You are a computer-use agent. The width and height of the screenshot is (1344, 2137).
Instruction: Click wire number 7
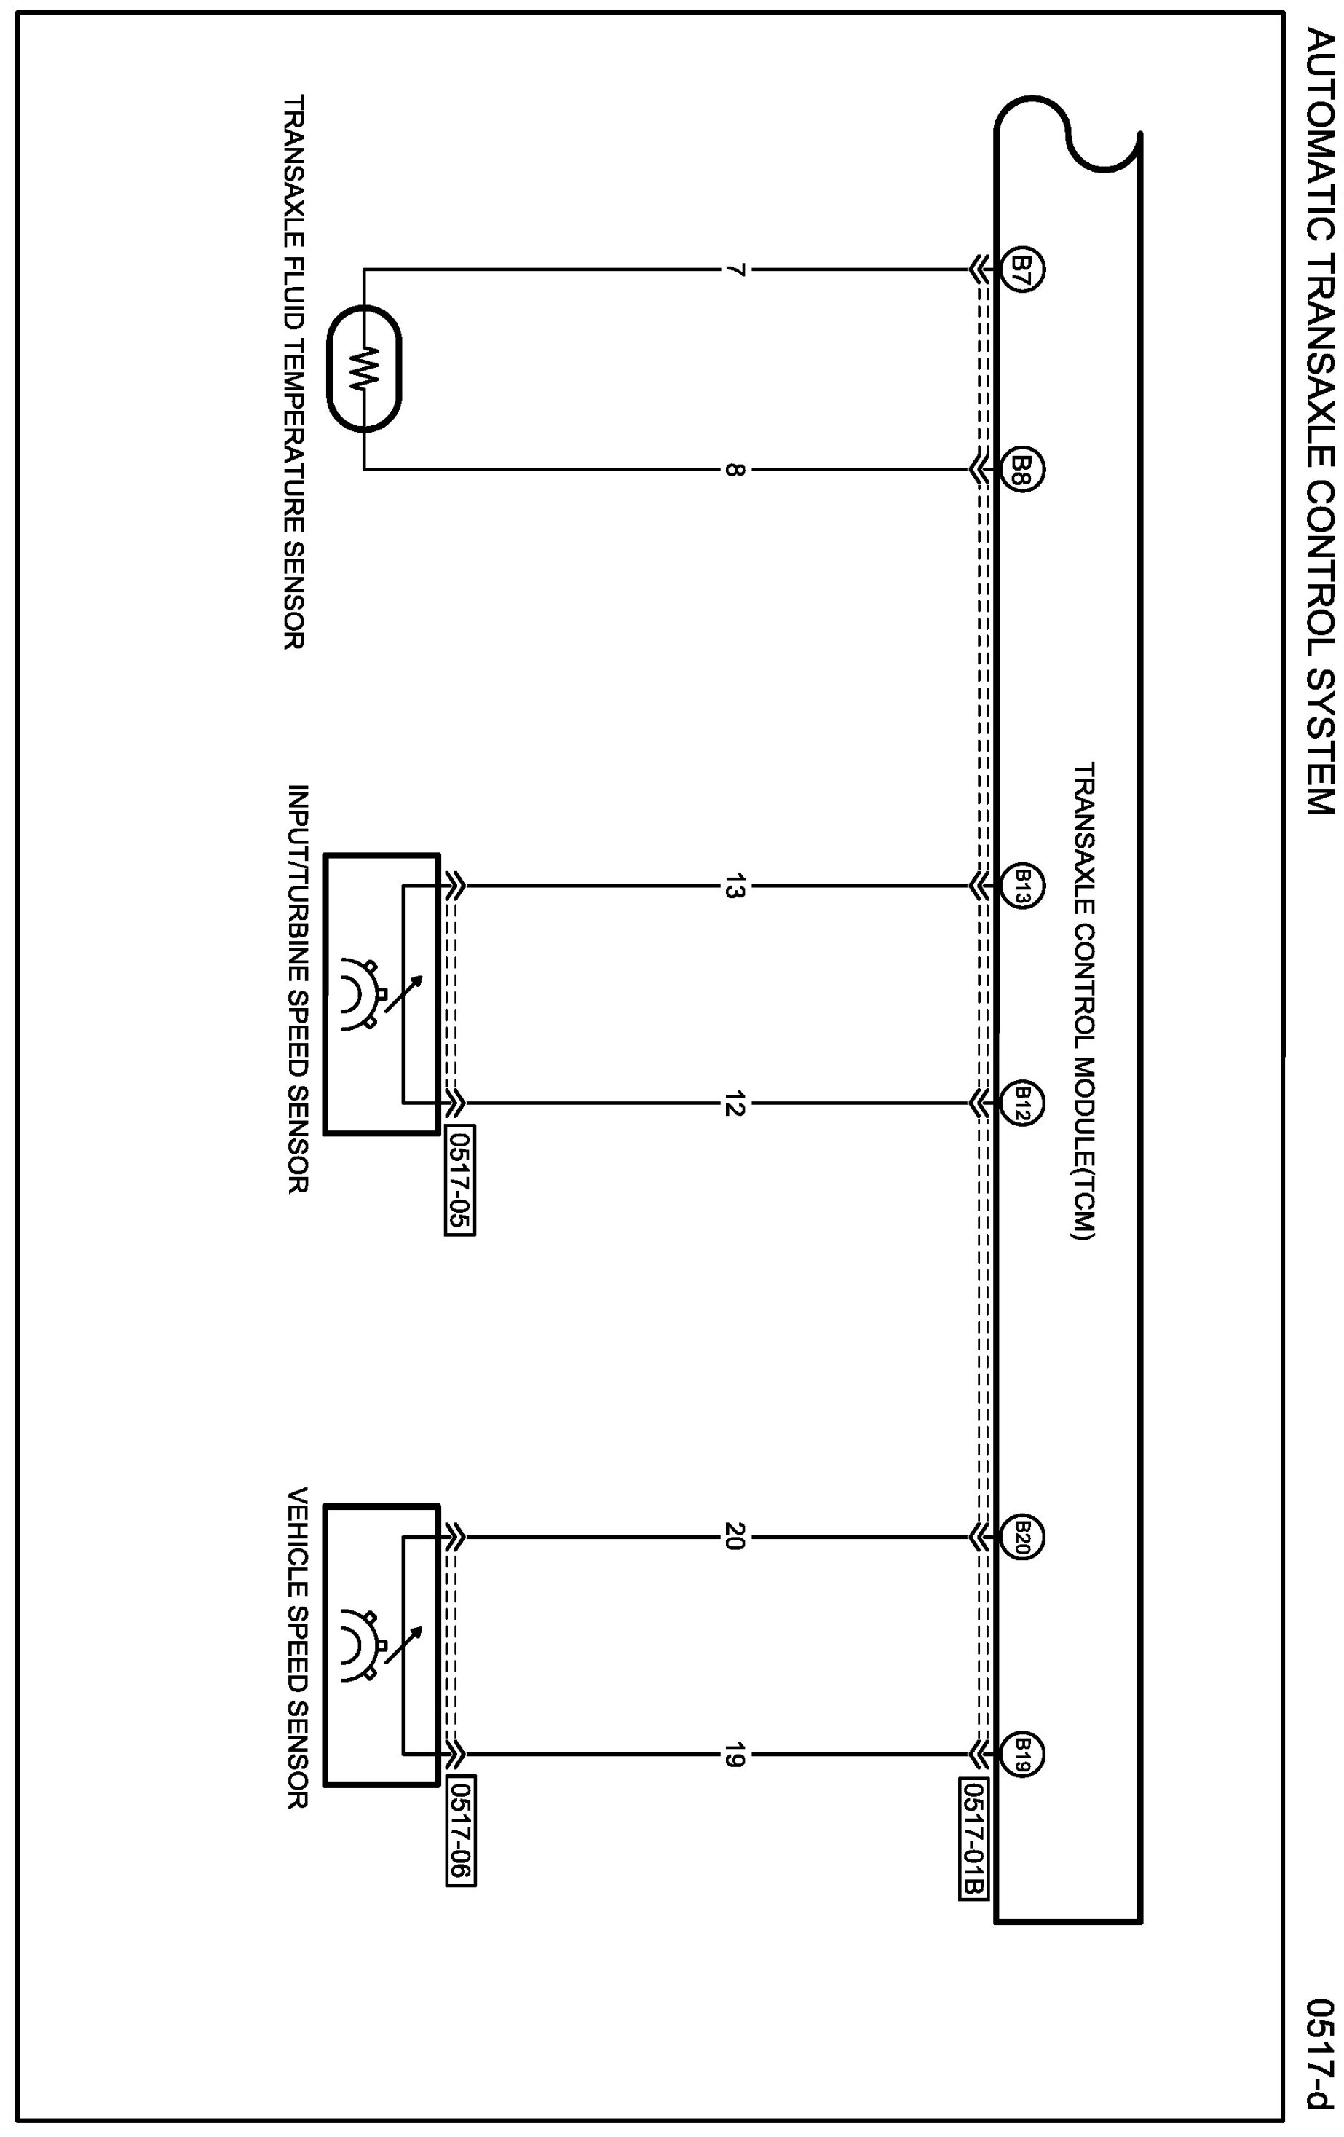(x=732, y=269)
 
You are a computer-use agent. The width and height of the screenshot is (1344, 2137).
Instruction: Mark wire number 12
(x=732, y=1105)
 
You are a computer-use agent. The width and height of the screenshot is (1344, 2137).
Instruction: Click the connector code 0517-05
(x=460, y=1181)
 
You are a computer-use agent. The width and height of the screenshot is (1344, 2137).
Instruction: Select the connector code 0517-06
(x=460, y=1831)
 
